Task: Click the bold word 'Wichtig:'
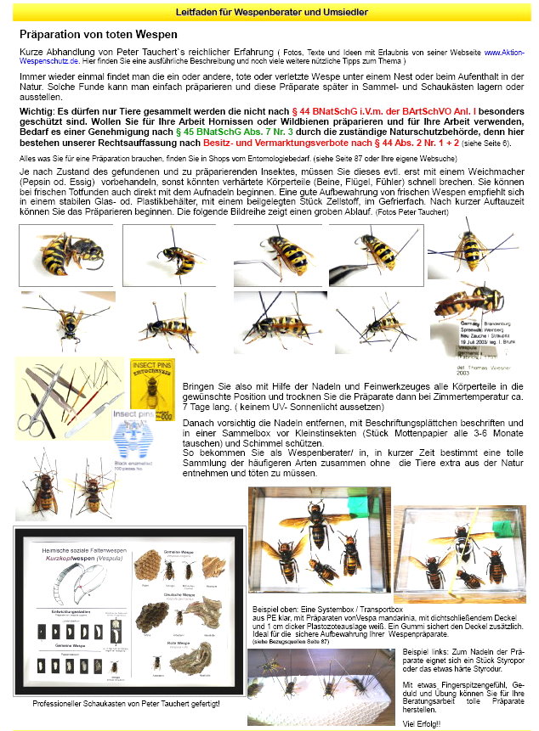43,110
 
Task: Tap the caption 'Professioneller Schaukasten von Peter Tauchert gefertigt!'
127,704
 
